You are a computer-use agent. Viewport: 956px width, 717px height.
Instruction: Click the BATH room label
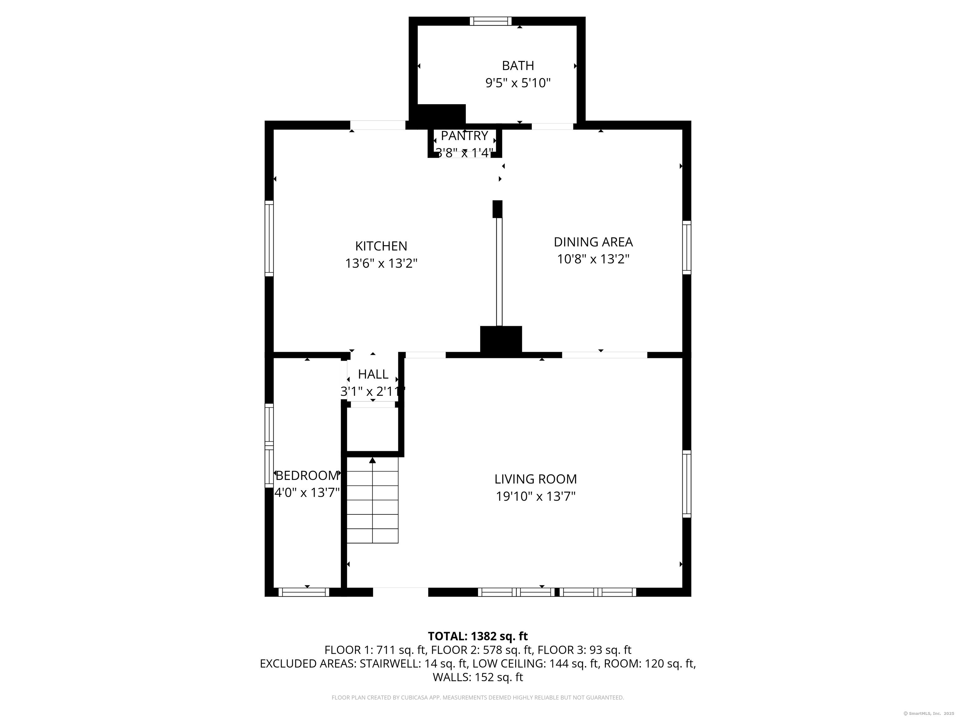pos(518,66)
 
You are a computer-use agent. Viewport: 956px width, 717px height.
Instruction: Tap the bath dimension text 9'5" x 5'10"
pos(518,83)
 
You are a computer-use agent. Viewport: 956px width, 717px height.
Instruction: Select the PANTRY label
pos(464,136)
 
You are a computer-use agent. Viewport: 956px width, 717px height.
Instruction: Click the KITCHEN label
pos(381,246)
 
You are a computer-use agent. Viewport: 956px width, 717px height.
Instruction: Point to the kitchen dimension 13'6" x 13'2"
pos(381,263)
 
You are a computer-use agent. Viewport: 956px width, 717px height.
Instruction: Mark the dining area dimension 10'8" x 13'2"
pos(593,259)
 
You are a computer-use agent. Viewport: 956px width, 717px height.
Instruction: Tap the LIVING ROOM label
pos(536,479)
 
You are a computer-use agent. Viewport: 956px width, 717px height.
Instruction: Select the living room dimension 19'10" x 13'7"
pos(536,496)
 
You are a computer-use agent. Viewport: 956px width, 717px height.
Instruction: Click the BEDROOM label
pos(307,476)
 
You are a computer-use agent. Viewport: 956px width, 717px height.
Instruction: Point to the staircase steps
pos(372,500)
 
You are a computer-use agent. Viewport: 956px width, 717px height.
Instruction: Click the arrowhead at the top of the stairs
pos(373,460)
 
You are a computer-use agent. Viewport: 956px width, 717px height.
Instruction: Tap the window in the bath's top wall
pos(490,21)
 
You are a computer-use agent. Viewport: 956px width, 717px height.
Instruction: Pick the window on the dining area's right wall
pos(687,247)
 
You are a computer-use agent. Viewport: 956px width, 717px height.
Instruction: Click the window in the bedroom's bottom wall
pos(304,592)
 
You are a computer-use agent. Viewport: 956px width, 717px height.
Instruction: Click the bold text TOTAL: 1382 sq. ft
pos(478,636)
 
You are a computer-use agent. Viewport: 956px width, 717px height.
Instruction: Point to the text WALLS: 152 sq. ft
pos(478,677)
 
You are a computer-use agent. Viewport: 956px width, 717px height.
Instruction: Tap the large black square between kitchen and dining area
pos(501,339)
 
